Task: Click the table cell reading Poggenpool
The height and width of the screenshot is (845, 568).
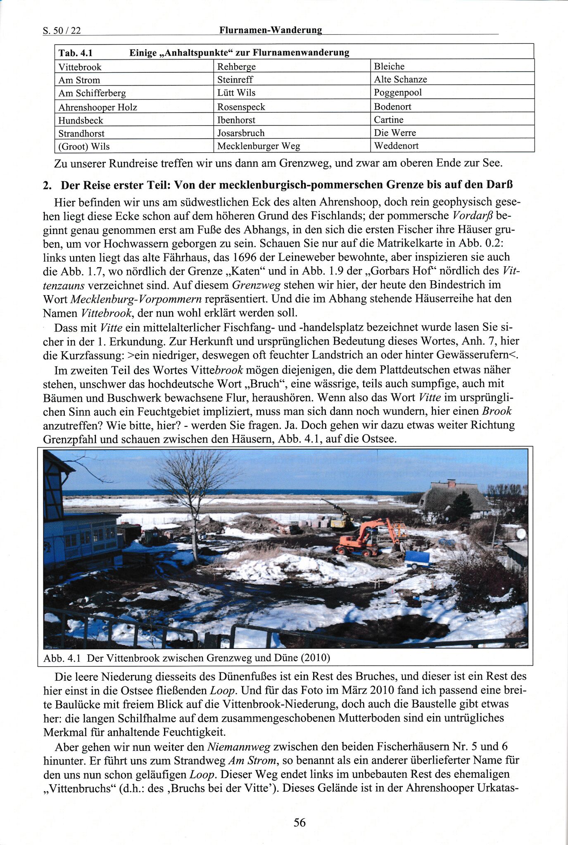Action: pos(397,92)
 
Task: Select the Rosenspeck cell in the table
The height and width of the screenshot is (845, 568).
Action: pos(241,107)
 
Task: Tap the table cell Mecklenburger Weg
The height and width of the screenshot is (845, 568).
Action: pos(259,146)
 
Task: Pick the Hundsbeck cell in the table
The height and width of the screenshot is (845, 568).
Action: pos(81,121)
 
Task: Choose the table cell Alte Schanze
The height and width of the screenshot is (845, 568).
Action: pos(400,79)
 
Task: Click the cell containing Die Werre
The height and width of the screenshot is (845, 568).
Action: pos(395,133)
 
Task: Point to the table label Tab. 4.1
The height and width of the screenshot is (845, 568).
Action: pos(76,53)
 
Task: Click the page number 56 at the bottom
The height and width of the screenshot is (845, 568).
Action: pos(299,822)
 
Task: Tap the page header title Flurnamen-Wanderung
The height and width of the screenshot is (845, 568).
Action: pos(271,30)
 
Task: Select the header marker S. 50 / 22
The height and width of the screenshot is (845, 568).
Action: pos(62,31)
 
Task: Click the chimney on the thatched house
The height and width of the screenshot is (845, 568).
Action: pos(451,483)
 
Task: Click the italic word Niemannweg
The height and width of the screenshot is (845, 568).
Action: pos(239,747)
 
